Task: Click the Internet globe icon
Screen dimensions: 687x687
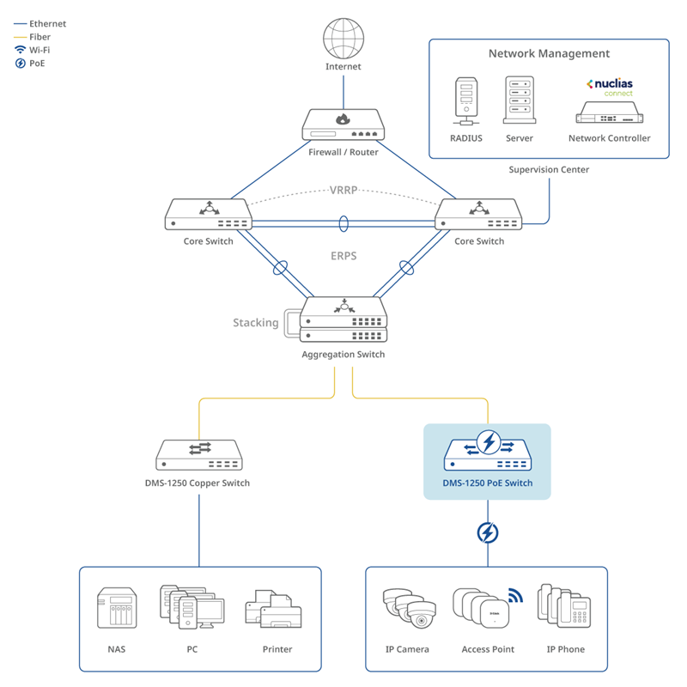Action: pos(343,39)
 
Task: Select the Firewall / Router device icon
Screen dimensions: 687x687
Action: pos(343,125)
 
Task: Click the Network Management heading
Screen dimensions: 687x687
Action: pos(549,53)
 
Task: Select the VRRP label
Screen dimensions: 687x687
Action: pos(343,190)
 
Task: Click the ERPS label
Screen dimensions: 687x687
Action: pos(343,256)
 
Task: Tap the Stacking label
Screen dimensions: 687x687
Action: pos(256,323)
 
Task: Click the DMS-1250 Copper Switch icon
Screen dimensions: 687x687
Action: pos(198,454)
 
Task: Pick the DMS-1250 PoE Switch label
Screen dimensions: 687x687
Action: pos(487,483)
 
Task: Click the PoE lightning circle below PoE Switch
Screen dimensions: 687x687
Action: pos(487,533)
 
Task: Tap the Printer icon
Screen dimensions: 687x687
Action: pos(277,611)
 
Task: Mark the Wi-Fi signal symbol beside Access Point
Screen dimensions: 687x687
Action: pos(514,595)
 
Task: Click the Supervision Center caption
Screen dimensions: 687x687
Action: pos(549,170)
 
